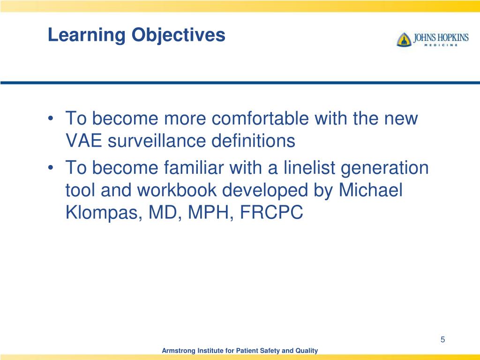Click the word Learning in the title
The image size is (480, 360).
click(x=87, y=35)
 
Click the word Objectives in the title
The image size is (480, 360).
click(x=179, y=35)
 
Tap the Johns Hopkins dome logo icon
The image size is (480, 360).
click(x=404, y=39)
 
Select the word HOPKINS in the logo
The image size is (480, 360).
click(x=453, y=37)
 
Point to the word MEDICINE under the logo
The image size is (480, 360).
click(x=441, y=45)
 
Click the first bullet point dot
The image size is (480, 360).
click(x=51, y=119)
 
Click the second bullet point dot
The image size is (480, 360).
click(x=51, y=168)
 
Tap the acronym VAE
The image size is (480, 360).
click(x=83, y=141)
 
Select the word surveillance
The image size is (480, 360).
click(x=157, y=141)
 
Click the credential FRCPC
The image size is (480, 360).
click(x=271, y=212)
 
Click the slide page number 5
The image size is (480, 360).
click(x=442, y=339)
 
